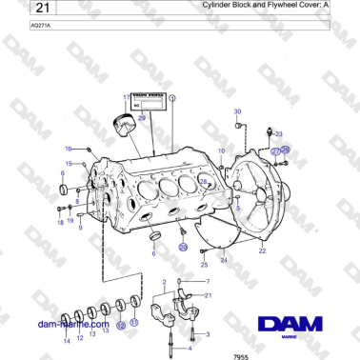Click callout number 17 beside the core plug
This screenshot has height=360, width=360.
coord(124,97)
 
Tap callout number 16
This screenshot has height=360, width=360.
coord(68,149)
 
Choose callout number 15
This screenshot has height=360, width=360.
coord(68,164)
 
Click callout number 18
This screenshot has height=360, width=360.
coord(59,222)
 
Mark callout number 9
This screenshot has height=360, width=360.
coord(80,228)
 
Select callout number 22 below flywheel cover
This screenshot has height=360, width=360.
coord(262,251)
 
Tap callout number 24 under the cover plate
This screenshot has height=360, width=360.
coord(223,259)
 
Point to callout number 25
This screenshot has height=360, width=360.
coord(203,264)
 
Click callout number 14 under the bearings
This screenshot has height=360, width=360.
coord(66,340)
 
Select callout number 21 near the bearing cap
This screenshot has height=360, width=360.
coord(209,296)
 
